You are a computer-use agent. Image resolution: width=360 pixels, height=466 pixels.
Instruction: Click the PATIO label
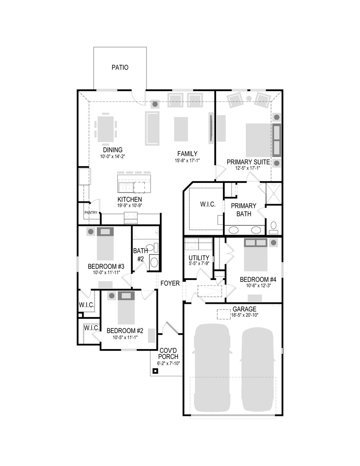(x=120, y=67)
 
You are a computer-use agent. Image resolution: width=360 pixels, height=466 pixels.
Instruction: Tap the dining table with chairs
(x=106, y=129)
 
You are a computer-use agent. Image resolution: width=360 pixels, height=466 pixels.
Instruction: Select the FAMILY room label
(x=188, y=154)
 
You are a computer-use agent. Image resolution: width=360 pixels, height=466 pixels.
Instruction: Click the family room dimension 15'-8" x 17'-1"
(x=188, y=161)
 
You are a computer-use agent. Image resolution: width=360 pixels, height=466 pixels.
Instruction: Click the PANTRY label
(x=91, y=212)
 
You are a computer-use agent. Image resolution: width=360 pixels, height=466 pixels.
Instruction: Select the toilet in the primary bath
(x=274, y=227)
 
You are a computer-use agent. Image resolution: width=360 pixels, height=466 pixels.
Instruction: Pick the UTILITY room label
(x=199, y=258)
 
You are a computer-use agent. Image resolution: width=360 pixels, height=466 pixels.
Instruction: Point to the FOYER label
(x=170, y=283)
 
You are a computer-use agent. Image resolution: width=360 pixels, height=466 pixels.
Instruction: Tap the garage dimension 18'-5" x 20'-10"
(x=244, y=316)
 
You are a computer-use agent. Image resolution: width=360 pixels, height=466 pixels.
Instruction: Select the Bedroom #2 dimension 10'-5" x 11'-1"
(x=125, y=337)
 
